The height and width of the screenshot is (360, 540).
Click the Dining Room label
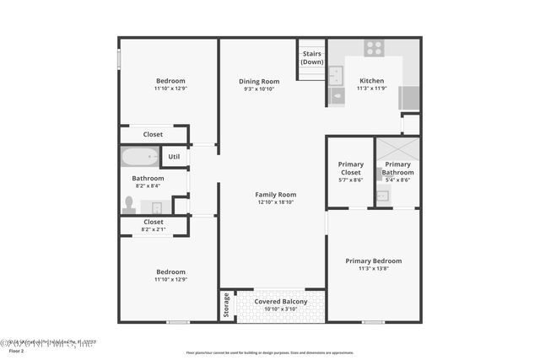click(x=259, y=81)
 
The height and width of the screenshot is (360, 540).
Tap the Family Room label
click(x=276, y=195)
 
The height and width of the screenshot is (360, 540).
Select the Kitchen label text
click(x=371, y=81)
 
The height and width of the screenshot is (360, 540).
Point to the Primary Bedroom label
click(x=373, y=261)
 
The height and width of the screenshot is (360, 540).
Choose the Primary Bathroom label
click(x=397, y=169)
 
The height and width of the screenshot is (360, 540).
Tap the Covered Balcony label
click(x=281, y=301)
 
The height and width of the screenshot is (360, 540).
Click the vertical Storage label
click(x=226, y=306)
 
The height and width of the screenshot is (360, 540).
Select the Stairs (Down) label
click(x=312, y=57)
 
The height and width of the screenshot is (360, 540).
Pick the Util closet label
click(x=174, y=157)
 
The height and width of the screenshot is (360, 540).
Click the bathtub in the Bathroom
click(x=139, y=157)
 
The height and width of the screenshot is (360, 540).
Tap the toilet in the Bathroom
click(x=129, y=205)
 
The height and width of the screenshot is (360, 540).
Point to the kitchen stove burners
click(x=373, y=47)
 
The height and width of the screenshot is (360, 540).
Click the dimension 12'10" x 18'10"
click(x=276, y=203)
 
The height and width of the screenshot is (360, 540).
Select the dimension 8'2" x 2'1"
click(x=154, y=229)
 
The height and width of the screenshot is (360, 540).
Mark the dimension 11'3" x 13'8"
click(x=373, y=270)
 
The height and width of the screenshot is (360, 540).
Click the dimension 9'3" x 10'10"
click(x=259, y=89)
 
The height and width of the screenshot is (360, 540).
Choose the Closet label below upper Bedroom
click(x=153, y=134)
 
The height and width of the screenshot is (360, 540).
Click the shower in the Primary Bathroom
click(x=397, y=148)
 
